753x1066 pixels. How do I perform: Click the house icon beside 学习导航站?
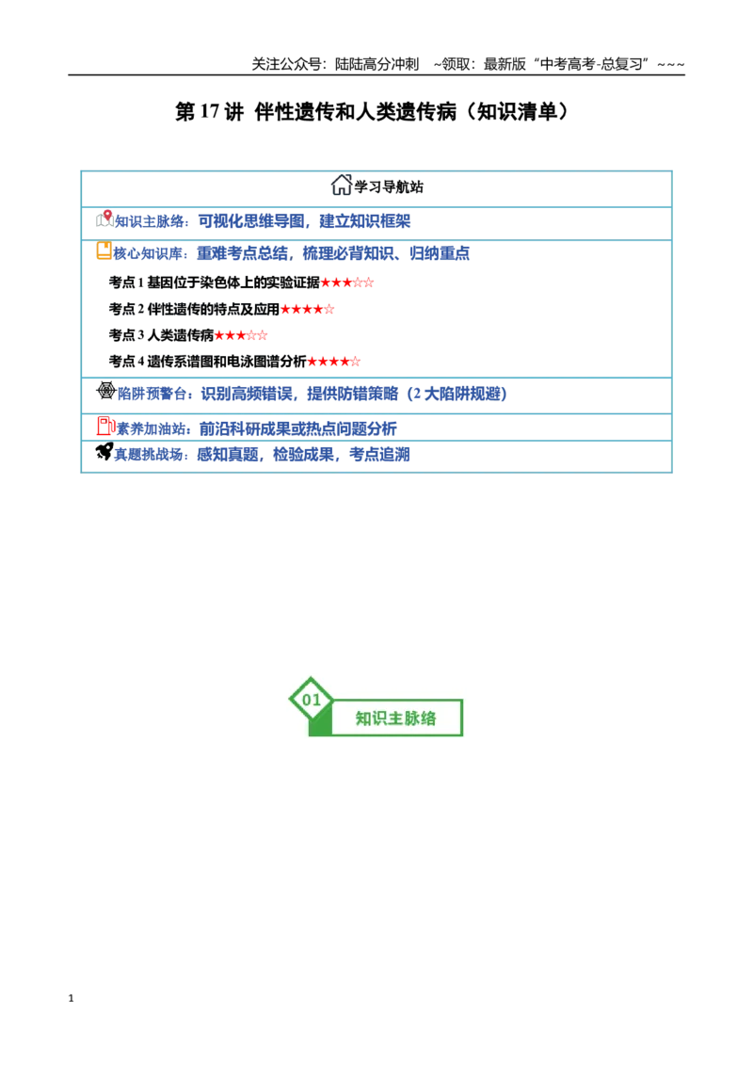[341, 185]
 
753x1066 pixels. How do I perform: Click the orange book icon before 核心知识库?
[104, 250]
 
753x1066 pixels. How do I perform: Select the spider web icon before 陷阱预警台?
[106, 390]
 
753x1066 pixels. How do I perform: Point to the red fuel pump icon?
[105, 427]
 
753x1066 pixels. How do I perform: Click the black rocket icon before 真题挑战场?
[104, 451]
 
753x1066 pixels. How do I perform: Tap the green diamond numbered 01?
[312, 699]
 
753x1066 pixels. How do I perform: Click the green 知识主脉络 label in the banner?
[395, 719]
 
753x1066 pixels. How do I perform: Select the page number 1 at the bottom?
[71, 998]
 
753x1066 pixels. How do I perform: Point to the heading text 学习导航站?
[389, 187]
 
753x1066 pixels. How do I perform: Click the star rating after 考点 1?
[347, 283]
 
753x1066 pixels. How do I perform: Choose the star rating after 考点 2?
[307, 309]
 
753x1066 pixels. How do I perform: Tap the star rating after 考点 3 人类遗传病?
[241, 335]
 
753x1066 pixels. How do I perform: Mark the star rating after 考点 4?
[334, 362]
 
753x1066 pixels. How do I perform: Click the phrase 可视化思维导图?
[251, 221]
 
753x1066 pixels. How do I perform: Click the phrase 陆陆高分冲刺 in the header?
[377, 64]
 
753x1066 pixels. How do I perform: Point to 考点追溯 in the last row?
[380, 454]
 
